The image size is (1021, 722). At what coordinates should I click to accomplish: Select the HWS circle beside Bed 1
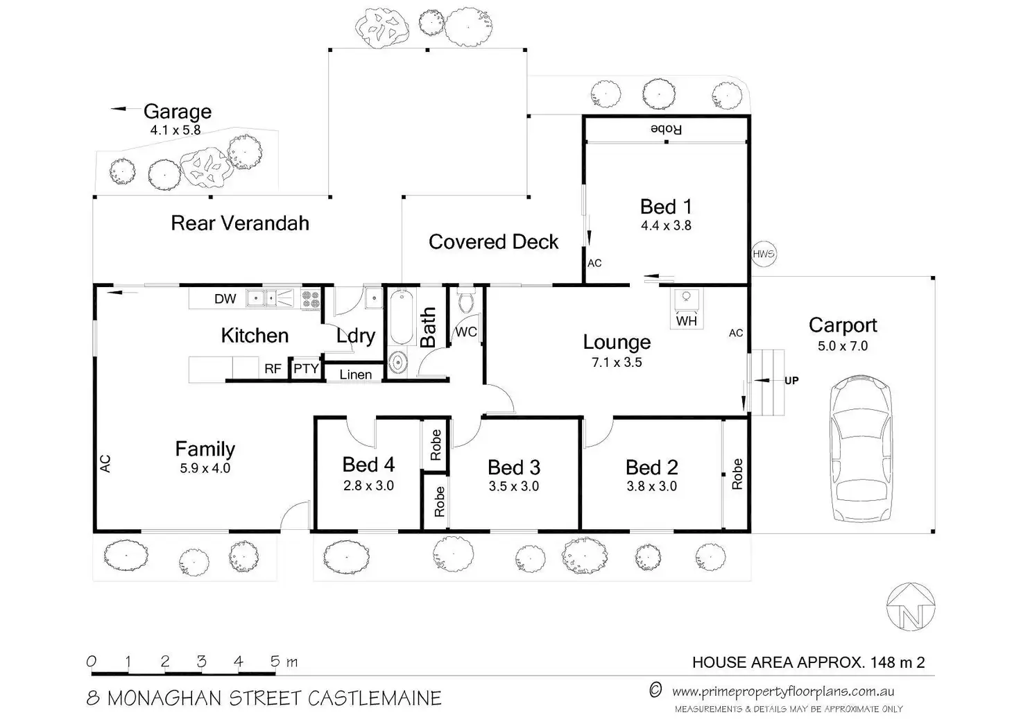point(763,255)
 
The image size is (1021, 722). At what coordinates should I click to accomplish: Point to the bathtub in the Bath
point(402,318)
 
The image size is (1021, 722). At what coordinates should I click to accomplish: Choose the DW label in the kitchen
point(225,299)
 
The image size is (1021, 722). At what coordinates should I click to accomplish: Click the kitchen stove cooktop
point(310,299)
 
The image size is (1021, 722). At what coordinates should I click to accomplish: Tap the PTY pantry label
point(306,369)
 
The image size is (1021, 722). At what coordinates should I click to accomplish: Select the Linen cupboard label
point(356,375)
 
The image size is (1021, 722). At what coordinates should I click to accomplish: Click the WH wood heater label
point(686,321)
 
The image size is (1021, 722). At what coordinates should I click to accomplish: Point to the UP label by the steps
point(791,380)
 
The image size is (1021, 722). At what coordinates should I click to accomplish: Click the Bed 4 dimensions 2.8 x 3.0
point(368,486)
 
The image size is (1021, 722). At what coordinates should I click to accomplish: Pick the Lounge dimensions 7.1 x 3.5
point(617,362)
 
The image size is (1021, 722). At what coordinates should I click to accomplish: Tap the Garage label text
point(177,111)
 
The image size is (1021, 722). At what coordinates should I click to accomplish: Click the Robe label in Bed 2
point(737,474)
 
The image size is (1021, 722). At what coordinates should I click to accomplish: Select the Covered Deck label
point(493,241)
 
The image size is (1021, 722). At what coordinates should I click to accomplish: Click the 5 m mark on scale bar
point(276,662)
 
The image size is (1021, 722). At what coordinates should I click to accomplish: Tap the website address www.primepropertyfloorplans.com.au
point(783,691)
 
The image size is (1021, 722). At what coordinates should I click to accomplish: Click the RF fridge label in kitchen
point(273,369)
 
